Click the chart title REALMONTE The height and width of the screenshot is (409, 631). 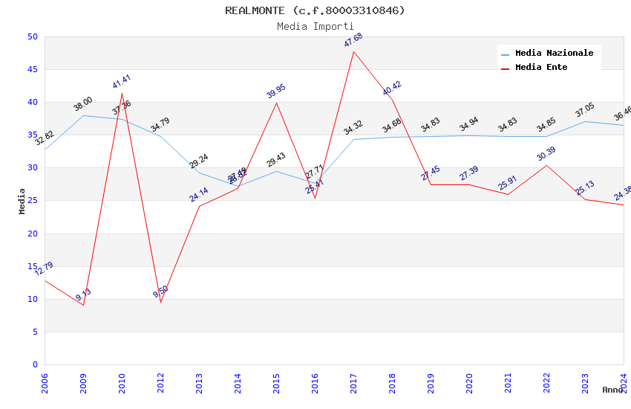click(x=315, y=10)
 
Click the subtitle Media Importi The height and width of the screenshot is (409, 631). click(x=315, y=26)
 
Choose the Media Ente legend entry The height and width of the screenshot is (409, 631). click(x=541, y=68)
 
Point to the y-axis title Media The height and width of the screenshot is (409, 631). click(x=22, y=201)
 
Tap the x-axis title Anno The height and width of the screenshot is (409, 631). click(x=612, y=390)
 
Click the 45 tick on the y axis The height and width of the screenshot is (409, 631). click(x=32, y=70)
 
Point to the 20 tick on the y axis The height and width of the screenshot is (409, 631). click(x=32, y=234)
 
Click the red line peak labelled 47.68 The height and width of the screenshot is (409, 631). click(x=353, y=51)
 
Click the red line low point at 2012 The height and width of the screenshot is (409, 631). click(x=160, y=302)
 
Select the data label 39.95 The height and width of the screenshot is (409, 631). click(x=276, y=91)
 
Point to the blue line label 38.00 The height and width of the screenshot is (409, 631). click(x=83, y=104)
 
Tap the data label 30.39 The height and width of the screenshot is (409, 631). click(x=546, y=154)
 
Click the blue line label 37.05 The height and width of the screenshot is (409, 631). click(x=585, y=111)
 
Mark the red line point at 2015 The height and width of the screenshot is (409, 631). click(x=276, y=103)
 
